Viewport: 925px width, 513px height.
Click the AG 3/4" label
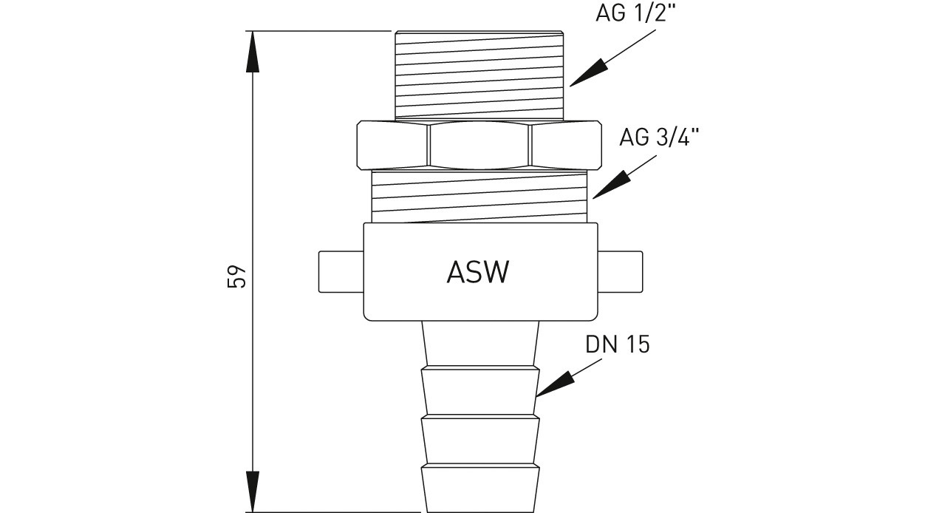[659, 137]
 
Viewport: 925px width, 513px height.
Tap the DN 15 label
[618, 344]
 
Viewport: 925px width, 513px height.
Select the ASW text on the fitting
[478, 273]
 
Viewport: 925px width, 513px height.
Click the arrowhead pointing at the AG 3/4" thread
[608, 186]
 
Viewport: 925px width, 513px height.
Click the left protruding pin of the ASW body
[341, 271]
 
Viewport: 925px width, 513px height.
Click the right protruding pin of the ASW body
[620, 271]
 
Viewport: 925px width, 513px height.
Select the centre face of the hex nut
[479, 145]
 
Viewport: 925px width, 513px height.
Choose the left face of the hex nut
[393, 145]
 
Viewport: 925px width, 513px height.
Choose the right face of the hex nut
[565, 145]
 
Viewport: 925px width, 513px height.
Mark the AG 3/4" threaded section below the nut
[479, 195]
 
